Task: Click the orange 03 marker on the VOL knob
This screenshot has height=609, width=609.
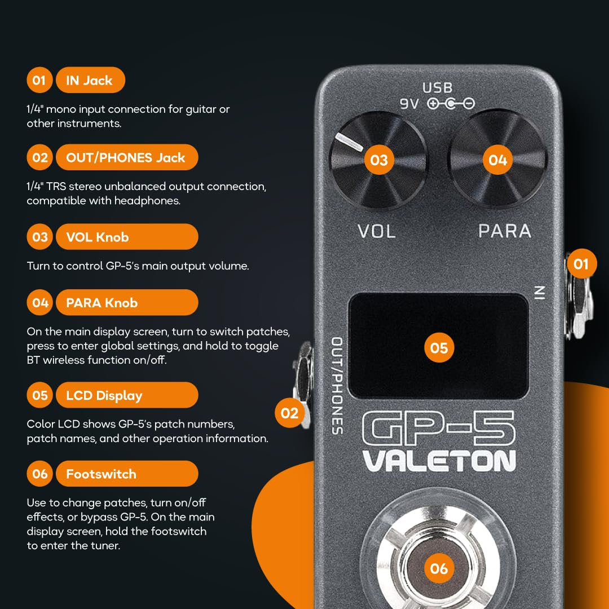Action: (x=379, y=160)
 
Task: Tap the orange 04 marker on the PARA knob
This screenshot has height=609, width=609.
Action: (x=497, y=160)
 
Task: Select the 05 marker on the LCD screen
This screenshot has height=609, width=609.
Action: (x=439, y=347)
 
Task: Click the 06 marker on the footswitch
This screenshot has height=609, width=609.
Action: (x=439, y=568)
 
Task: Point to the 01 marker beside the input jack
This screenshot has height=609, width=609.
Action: (x=581, y=264)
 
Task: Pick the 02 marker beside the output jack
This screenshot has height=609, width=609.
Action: (x=289, y=413)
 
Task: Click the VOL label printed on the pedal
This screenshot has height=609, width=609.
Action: (x=377, y=231)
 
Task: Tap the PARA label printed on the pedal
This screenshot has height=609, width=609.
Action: (x=505, y=231)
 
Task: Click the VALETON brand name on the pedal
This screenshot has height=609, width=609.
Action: (x=439, y=461)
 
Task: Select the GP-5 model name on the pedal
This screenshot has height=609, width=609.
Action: (x=439, y=429)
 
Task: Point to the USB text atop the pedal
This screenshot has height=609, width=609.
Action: (x=438, y=89)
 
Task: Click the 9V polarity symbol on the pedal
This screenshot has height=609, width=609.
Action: (x=451, y=104)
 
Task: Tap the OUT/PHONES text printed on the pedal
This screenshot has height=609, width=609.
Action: (x=337, y=386)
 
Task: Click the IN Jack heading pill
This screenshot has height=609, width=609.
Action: (x=90, y=80)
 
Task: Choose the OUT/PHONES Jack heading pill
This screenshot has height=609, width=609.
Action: (x=127, y=157)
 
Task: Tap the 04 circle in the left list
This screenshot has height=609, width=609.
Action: (x=40, y=303)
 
